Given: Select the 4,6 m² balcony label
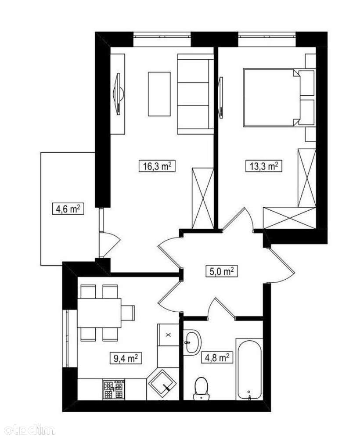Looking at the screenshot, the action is pyautogui.click(x=68, y=209).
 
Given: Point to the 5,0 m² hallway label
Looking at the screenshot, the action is pyautogui.click(x=222, y=271).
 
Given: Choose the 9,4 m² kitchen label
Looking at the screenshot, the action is pyautogui.click(x=126, y=358).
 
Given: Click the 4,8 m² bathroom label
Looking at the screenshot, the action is pyautogui.click(x=217, y=357).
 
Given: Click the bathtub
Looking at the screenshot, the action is pyautogui.click(x=249, y=370).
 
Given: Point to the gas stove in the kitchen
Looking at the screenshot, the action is pyautogui.click(x=114, y=389).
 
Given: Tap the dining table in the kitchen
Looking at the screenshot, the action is pyautogui.click(x=99, y=313).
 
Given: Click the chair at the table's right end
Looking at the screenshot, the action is pyautogui.click(x=128, y=313).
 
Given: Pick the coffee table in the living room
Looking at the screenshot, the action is pyautogui.click(x=159, y=94).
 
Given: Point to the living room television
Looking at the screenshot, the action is pyautogui.click(x=119, y=94).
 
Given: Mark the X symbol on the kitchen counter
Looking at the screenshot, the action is pyautogui.click(x=168, y=334).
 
